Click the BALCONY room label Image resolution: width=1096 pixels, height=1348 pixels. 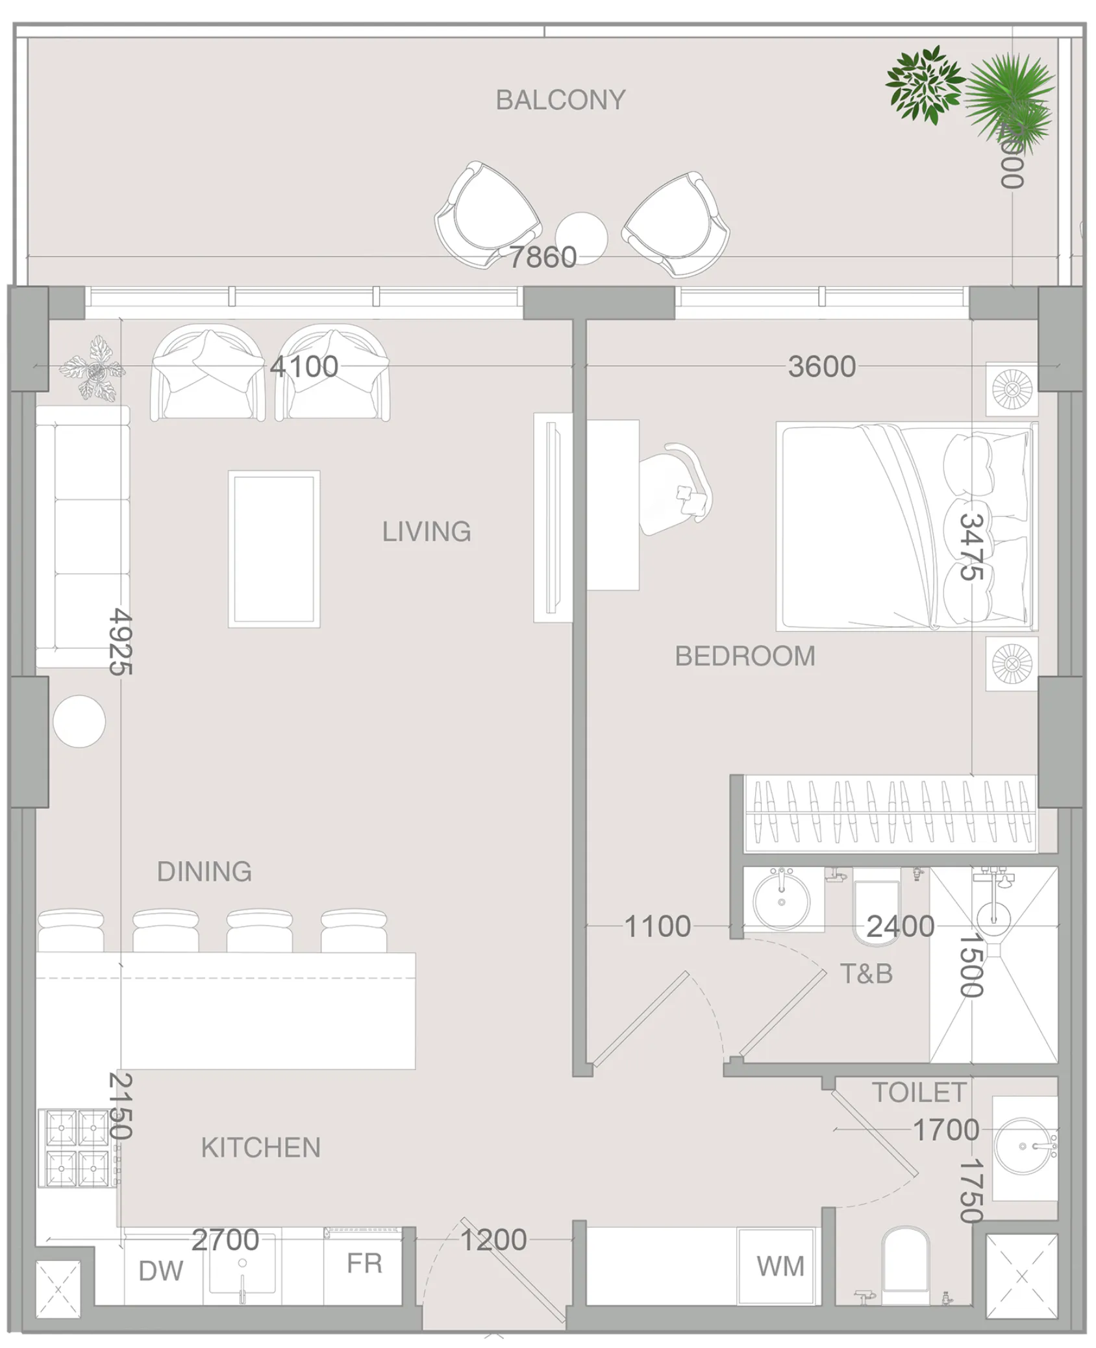(560, 100)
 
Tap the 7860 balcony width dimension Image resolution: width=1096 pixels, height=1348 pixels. (542, 257)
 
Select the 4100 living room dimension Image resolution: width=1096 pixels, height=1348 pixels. (304, 366)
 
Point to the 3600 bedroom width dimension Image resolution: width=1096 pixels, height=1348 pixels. (821, 366)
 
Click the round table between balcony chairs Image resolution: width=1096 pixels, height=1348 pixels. (581, 238)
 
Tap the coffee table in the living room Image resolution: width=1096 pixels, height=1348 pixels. (274, 549)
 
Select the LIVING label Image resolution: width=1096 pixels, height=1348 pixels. (426, 531)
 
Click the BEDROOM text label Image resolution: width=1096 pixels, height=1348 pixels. (745, 656)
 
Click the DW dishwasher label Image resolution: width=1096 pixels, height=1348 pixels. (161, 1271)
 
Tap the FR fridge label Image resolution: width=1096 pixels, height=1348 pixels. (364, 1263)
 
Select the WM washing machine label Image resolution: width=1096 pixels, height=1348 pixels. (780, 1266)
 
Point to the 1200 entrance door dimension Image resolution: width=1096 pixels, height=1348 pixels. (493, 1240)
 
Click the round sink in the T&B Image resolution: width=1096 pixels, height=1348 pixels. (781, 901)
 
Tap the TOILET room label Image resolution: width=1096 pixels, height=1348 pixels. (918, 1092)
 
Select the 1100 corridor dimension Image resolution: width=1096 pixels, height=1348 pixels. (657, 926)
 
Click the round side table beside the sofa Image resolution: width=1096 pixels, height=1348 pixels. (79, 721)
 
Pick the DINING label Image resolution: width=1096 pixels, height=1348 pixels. (204, 871)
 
